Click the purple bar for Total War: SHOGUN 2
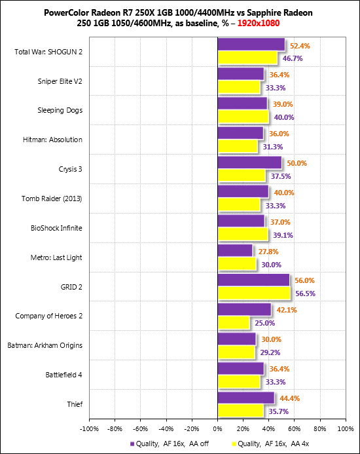[251, 45]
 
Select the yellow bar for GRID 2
[254, 293]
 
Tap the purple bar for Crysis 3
[250, 162]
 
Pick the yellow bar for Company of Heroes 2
[234, 322]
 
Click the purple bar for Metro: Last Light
[235, 250]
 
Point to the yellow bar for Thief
[241, 411]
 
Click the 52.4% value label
[300, 46]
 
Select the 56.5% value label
[305, 293]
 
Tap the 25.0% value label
[265, 323]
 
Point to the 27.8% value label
[268, 252]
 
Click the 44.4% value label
[290, 398]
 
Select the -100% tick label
[90, 429]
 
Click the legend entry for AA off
[170, 444]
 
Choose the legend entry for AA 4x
[270, 444]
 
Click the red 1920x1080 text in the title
[259, 23]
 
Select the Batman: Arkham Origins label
[45, 345]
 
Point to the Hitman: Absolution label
[52, 140]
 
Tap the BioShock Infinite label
[56, 228]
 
